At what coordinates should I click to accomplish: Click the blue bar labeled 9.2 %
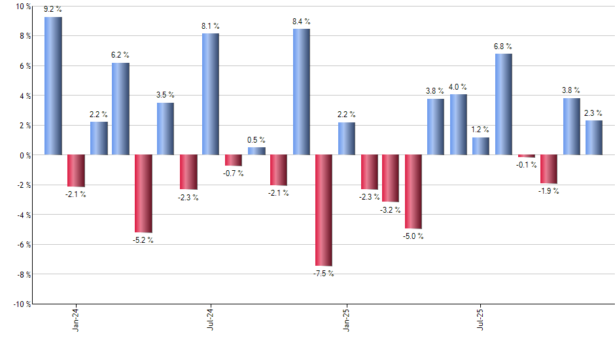point(53,86)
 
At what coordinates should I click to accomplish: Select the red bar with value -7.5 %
point(324,210)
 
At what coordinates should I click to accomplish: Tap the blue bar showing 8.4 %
point(301,92)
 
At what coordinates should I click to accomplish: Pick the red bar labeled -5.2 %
point(143,193)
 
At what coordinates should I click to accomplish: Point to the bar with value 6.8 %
point(504,104)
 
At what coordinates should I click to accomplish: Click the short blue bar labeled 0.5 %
point(256,151)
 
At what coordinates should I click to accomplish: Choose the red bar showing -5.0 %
point(413,192)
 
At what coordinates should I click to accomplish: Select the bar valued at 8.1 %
point(211,94)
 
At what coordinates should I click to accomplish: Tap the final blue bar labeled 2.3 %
point(594,137)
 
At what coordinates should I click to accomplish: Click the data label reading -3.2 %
point(391,210)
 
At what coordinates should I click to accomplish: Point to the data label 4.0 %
point(458,87)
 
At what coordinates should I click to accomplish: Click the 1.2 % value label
point(481,130)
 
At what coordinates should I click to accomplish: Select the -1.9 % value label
point(549,191)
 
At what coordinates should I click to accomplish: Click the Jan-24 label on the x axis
point(76,319)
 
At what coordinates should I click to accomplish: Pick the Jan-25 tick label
point(346,319)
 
